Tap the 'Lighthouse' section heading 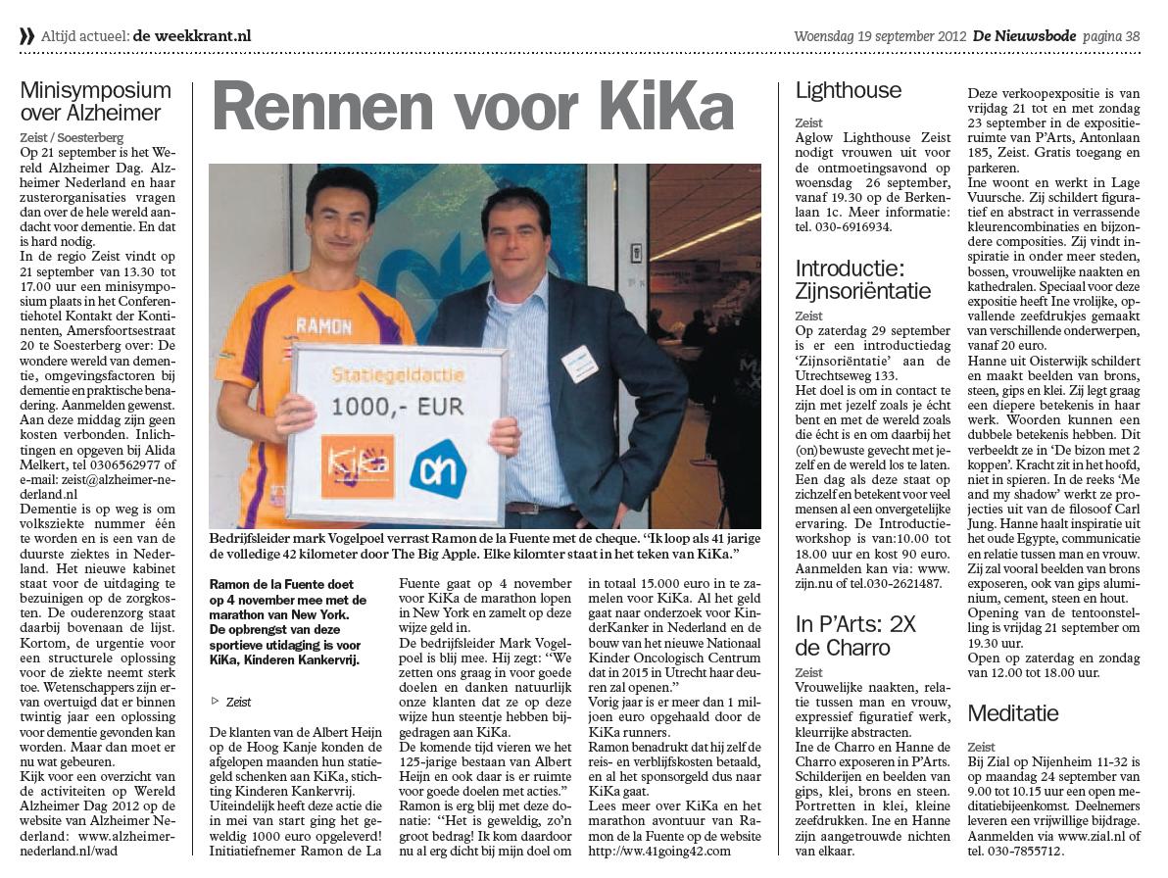[848, 91]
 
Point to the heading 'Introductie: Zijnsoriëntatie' [862, 279]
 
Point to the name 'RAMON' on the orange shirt [323, 325]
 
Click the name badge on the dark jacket [579, 364]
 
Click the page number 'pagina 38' [1111, 36]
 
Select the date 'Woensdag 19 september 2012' [879, 36]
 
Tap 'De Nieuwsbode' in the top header [1024, 36]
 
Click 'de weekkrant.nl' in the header [192, 36]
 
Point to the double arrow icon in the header [26, 36]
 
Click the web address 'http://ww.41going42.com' [660, 851]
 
